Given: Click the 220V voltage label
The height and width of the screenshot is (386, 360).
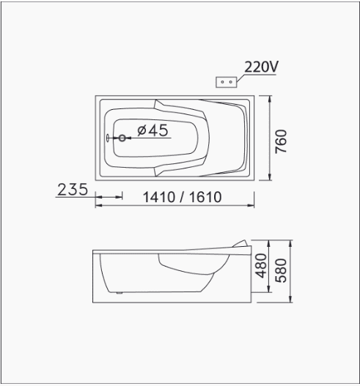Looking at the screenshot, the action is pyautogui.click(x=261, y=67).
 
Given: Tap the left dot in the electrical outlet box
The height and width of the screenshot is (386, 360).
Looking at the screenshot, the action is pyautogui.click(x=222, y=82).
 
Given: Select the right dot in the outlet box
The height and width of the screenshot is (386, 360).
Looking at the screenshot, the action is pyautogui.click(x=231, y=82).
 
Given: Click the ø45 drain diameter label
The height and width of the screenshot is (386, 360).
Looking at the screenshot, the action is pyautogui.click(x=153, y=130).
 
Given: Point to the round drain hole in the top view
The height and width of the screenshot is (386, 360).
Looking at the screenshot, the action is pyautogui.click(x=122, y=138).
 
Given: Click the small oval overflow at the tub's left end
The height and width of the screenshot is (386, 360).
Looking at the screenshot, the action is pyautogui.click(x=108, y=138).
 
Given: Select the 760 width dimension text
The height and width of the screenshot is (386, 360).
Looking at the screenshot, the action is pyautogui.click(x=281, y=141).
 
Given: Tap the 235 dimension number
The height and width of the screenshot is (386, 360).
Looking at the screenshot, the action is pyautogui.click(x=73, y=189).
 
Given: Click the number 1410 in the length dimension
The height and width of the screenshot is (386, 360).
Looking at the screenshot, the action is pyautogui.click(x=159, y=197).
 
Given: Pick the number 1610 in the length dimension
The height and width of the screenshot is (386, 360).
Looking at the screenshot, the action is pyautogui.click(x=205, y=197).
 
